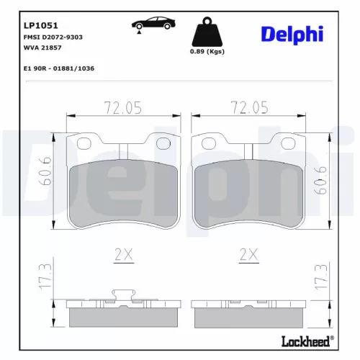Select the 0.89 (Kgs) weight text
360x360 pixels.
[208, 53]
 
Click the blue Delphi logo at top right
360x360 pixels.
[292, 34]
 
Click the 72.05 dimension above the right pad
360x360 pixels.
[248, 107]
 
